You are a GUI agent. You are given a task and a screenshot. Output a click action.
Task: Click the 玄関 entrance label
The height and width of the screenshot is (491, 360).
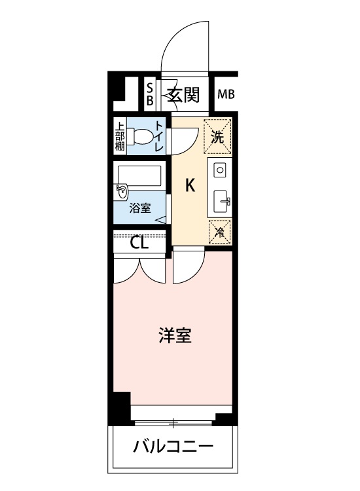[183, 94]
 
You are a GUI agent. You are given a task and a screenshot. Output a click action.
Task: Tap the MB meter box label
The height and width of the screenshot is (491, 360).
[226, 94]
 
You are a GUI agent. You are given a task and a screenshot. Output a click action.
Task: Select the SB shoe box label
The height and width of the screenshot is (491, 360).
[151, 94]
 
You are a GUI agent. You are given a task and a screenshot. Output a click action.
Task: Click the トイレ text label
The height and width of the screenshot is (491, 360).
[159, 136]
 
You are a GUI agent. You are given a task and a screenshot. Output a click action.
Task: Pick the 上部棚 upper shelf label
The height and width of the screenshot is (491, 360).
[120, 136]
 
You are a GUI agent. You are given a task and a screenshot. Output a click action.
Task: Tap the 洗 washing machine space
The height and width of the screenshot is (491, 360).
[217, 137]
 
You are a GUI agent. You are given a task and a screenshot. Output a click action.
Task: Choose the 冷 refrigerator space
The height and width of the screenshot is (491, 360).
[220, 232]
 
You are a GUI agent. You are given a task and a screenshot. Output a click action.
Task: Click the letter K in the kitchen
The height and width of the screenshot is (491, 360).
[190, 185]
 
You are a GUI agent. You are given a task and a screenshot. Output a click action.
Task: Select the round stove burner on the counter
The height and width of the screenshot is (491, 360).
[220, 170]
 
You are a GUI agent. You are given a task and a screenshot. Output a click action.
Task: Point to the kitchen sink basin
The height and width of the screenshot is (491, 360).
[222, 201]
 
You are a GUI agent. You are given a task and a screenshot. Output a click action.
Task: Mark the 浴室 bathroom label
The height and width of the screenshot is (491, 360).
[140, 208]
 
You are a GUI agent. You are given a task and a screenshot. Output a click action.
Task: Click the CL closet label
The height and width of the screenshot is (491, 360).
[139, 243]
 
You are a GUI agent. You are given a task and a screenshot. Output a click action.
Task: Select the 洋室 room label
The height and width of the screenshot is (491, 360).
[175, 335]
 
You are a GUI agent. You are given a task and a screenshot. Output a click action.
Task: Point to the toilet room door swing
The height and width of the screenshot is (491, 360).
[185, 141]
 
